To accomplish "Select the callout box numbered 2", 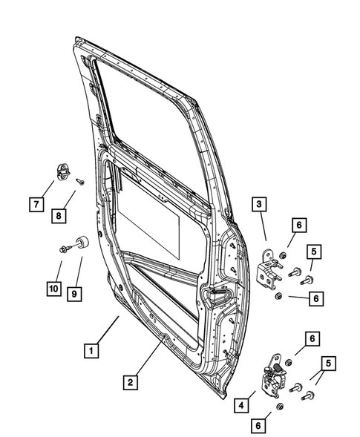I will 130,382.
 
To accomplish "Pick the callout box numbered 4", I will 241,405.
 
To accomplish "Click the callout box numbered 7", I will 35,203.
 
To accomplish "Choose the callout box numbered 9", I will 74,294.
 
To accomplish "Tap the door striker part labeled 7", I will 64,172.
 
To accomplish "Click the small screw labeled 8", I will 80,180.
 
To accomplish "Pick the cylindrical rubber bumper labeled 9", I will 81,242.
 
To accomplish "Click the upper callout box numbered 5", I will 314,252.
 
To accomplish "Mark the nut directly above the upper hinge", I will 284,257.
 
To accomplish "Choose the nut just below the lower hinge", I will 279,407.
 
